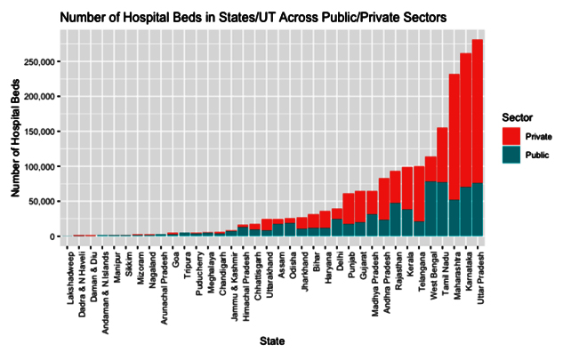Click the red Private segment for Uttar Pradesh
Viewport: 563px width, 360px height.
point(478,111)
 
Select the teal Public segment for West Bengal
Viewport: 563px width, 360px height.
point(430,209)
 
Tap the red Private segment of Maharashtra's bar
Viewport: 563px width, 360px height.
point(454,137)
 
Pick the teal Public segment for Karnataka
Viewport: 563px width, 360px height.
point(466,212)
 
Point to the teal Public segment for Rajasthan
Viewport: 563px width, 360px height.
point(395,220)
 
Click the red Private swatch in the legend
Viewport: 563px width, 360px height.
point(511,136)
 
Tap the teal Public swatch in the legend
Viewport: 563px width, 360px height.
point(511,155)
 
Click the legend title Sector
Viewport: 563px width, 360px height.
point(517,117)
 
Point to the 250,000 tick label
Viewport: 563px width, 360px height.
point(39,61)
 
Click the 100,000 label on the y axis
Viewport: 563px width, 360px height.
point(39,167)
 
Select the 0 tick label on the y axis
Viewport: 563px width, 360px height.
point(52,237)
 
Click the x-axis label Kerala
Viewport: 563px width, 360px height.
point(410,264)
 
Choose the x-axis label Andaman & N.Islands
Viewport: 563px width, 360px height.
point(106,292)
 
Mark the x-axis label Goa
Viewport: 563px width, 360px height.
point(175,260)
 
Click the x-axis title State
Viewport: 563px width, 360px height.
point(272,341)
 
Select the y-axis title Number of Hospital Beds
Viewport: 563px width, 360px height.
point(15,138)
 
